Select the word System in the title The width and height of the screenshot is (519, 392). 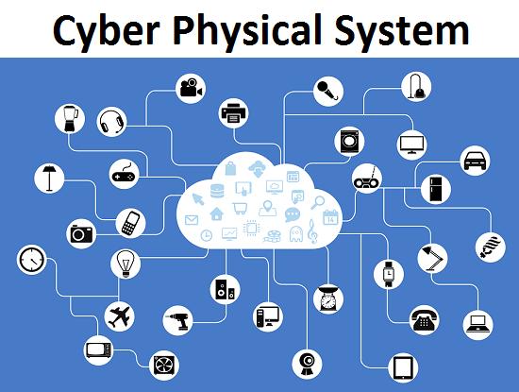[402, 30]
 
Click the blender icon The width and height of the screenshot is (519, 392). [70, 119]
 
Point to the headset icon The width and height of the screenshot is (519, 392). [112, 122]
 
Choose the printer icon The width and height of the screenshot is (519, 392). [234, 113]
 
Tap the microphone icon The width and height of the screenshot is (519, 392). [327, 91]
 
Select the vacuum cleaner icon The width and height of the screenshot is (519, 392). [416, 87]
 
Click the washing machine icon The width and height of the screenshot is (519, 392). [349, 142]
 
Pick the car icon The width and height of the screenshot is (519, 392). [476, 161]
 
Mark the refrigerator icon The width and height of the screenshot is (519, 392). [436, 189]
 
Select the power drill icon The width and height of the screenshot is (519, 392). [177, 320]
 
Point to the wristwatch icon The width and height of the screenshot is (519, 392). [388, 274]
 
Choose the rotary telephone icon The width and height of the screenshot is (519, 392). [425, 320]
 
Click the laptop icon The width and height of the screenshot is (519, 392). [477, 324]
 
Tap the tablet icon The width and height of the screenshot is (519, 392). [403, 367]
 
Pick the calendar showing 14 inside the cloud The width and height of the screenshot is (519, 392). [330, 217]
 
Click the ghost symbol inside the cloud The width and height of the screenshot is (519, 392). [295, 233]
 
